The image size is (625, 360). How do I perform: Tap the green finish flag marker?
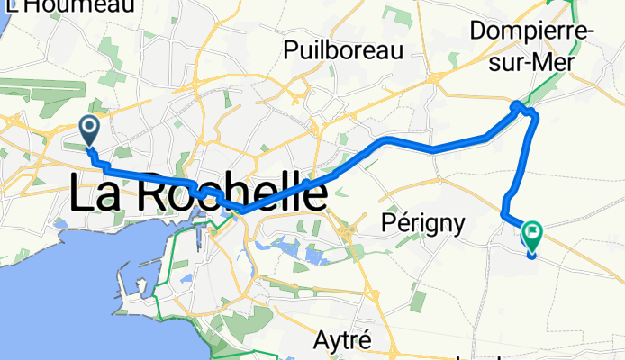click(x=531, y=236)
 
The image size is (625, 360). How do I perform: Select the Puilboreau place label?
click(x=342, y=50)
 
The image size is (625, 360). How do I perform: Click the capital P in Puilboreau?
click(x=290, y=50)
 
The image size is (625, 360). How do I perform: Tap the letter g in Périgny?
click(x=430, y=224)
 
